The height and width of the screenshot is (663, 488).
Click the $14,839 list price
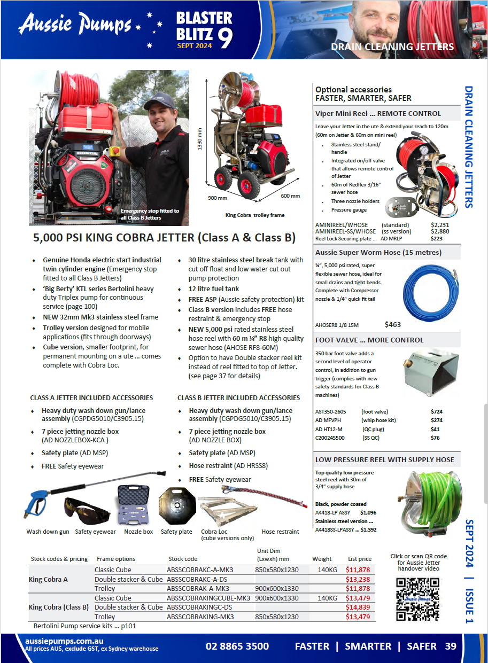click(x=358, y=607)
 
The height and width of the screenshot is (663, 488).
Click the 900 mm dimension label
click(x=214, y=198)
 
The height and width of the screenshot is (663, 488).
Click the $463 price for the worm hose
click(x=392, y=324)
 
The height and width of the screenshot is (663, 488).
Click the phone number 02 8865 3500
click(x=237, y=646)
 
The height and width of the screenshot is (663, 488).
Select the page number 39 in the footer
click(x=451, y=646)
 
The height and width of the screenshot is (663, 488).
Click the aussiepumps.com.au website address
click(x=64, y=641)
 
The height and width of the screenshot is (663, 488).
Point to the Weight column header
click(x=322, y=559)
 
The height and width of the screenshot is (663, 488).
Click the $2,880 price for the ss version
click(x=440, y=231)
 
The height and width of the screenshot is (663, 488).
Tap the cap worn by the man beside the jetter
click(x=158, y=100)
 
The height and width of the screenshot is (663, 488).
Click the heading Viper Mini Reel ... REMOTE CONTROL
click(x=378, y=114)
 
